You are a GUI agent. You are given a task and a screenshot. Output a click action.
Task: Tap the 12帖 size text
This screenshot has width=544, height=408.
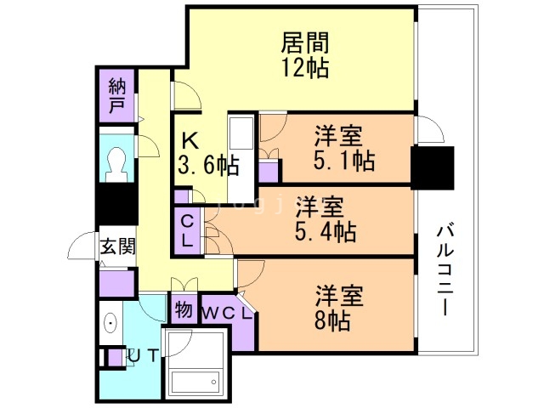tap(305, 68)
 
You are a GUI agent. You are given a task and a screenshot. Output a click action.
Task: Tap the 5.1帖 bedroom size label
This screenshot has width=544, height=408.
tap(344, 159)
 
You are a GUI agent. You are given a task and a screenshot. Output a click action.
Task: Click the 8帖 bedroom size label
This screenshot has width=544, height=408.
tap(339, 320)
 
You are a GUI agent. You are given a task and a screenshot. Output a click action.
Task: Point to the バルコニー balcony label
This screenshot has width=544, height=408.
tap(445, 269)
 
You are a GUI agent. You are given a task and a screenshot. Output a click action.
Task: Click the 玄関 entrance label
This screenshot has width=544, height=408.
tap(116, 247)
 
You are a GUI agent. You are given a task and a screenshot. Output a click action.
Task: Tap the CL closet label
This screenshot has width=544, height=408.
tap(188, 229)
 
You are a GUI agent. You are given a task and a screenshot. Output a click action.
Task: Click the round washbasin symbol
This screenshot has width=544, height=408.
tap(110, 324)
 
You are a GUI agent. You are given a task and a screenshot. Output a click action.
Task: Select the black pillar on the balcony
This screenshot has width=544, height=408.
tap(432, 167)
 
